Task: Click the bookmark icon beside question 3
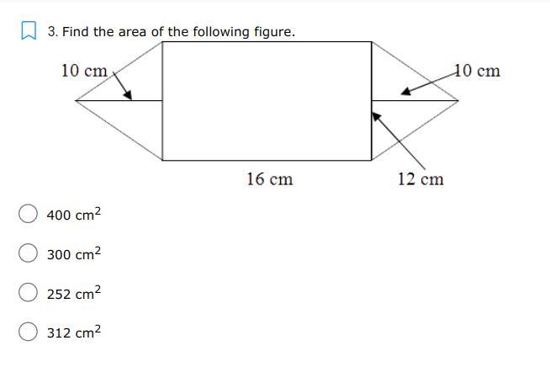coord(28,32)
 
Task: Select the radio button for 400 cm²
coord(28,214)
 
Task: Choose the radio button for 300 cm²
coord(28,253)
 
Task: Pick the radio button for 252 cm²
coord(28,292)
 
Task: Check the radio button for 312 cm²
coord(28,332)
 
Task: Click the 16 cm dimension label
coord(269,178)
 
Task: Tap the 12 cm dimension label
coord(420,178)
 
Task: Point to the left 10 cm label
coord(84,71)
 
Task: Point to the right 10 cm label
coord(477,71)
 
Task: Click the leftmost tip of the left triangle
coord(77,100)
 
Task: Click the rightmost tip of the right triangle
coord(457,100)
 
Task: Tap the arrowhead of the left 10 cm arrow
coord(129,95)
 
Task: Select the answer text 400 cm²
coord(73,215)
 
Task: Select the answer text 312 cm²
coord(73,332)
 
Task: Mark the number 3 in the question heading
coord(51,32)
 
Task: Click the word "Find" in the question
coord(76,32)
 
